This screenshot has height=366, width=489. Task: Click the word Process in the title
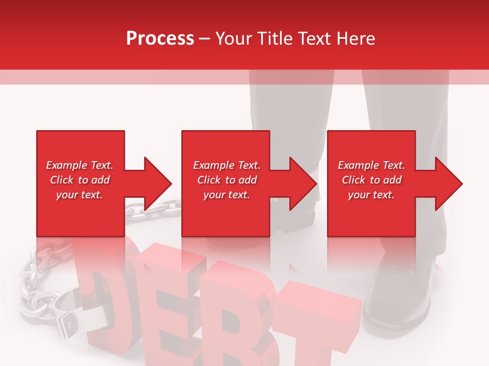pos(160,39)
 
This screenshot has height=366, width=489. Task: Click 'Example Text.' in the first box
pos(79,165)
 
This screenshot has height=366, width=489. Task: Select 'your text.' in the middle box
pos(226,195)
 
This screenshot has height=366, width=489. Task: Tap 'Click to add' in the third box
pos(371,180)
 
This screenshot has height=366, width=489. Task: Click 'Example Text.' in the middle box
pos(226,165)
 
